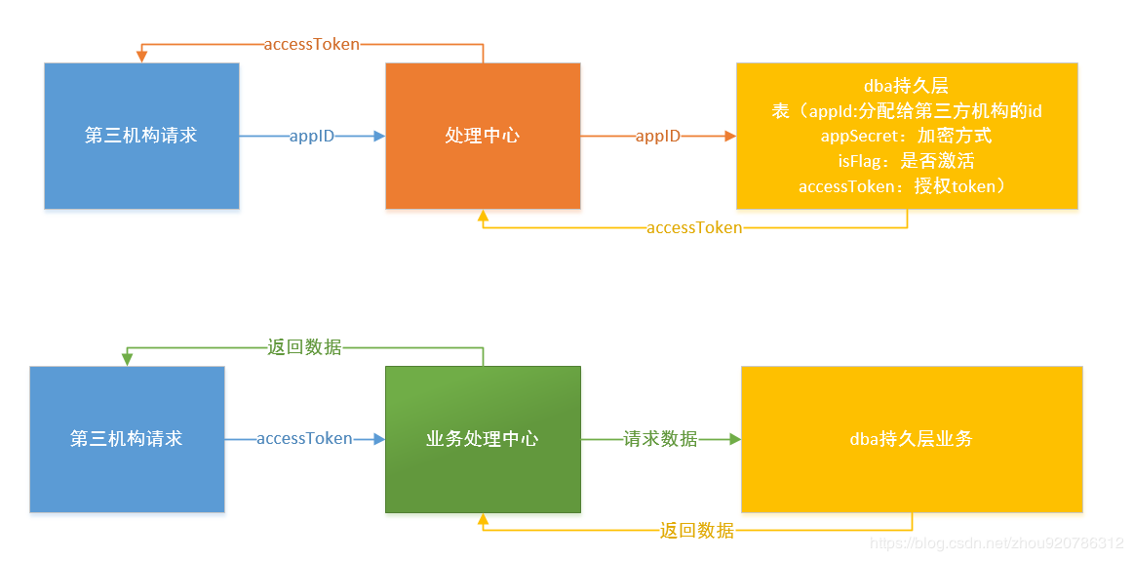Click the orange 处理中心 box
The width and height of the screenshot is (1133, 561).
[483, 136]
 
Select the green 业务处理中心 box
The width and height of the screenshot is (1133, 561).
[483, 439]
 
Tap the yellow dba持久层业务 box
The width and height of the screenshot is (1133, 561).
[912, 439]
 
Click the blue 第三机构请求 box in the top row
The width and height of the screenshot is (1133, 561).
[141, 136]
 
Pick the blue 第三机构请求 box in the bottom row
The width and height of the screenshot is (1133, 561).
[127, 439]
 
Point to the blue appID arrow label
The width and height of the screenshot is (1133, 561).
[312, 137]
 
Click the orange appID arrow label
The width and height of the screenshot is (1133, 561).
[658, 137]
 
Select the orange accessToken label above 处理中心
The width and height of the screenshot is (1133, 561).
[312, 44]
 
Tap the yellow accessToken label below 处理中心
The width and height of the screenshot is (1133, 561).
[694, 227]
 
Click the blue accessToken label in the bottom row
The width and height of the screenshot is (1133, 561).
[304, 439]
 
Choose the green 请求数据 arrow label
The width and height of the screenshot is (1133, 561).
[661, 439]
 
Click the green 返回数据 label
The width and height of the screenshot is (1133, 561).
[305, 347]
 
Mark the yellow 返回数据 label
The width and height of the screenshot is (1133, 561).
[697, 531]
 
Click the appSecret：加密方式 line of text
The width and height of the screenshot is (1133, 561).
[907, 137]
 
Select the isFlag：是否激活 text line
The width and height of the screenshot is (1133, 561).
[907, 161]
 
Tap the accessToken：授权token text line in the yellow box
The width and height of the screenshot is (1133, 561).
[907, 186]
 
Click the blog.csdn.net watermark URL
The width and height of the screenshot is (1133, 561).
[996, 542]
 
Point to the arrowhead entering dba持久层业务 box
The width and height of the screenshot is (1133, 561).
[733, 439]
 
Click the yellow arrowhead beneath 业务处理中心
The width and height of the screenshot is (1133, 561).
[483, 520]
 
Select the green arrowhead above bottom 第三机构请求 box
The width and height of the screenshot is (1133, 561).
[127, 359]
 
